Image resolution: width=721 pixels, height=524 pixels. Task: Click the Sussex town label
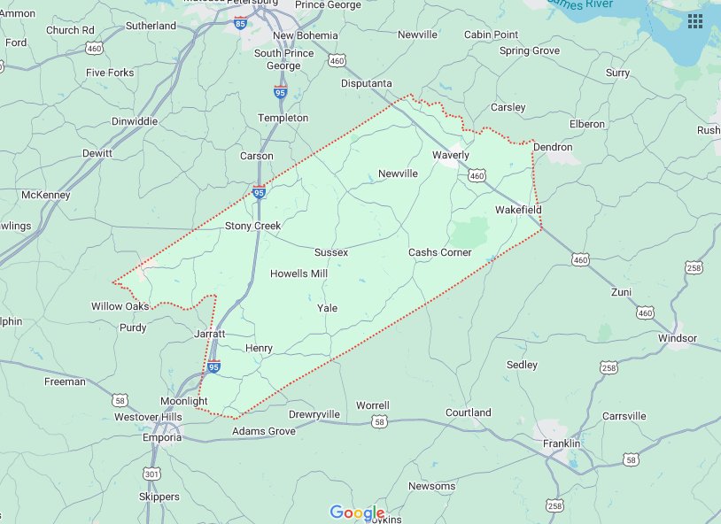331,252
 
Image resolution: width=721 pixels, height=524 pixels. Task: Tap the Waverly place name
451,155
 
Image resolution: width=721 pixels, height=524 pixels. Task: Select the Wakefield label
517,210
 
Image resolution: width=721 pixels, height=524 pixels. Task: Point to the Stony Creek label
252,226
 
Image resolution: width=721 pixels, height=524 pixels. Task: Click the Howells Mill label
298,274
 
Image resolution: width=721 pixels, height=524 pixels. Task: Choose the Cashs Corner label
439,252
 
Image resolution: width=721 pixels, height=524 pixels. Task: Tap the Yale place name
327,307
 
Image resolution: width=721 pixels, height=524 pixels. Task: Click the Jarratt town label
210,334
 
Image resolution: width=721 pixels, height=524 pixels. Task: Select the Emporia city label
162,437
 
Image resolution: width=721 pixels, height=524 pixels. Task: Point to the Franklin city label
562,443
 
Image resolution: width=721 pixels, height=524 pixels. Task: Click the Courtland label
468,412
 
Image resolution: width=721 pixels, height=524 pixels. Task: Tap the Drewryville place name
314,414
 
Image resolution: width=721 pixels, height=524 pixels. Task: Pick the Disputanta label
367,83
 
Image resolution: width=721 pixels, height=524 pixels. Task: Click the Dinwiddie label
135,121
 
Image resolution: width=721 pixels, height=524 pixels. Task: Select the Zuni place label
622,291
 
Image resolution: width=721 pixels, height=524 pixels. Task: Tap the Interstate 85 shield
242,25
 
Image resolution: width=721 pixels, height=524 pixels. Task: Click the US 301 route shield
152,475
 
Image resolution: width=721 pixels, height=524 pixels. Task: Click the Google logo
357,512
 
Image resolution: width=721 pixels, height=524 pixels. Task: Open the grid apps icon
695,19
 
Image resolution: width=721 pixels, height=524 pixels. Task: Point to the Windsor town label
678,338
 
